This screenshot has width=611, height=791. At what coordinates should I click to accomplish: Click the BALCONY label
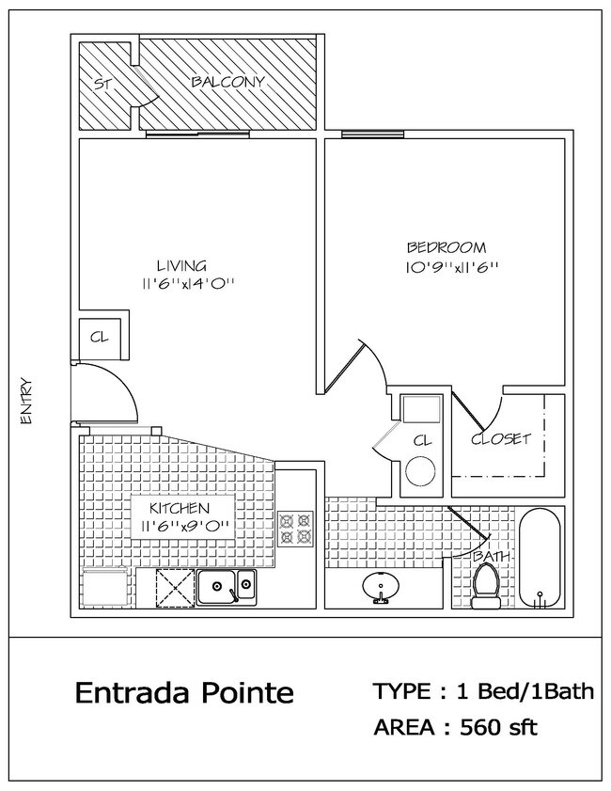[x=227, y=82]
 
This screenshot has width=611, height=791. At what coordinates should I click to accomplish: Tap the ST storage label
[x=102, y=84]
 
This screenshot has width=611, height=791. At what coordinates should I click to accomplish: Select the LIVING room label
[x=181, y=265]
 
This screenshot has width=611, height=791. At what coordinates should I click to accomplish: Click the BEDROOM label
[x=446, y=248]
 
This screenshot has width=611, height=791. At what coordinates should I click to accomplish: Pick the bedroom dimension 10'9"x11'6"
[x=446, y=266]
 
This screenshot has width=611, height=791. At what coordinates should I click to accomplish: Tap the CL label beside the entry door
[x=98, y=337]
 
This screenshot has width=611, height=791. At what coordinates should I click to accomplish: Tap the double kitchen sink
[x=226, y=588]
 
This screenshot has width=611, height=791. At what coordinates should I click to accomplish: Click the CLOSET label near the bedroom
[x=501, y=438]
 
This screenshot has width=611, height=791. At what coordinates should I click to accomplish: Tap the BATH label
[x=492, y=557]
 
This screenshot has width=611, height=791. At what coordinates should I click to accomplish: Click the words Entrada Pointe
[x=184, y=694]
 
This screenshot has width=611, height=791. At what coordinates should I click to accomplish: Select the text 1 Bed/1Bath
[x=525, y=693]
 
